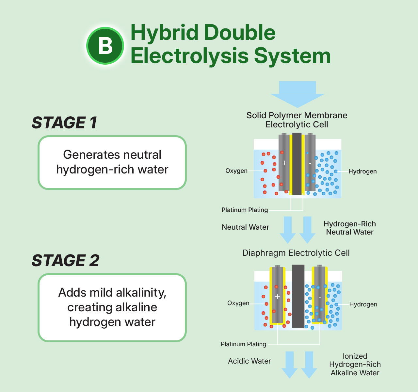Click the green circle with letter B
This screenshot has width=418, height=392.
(x=105, y=45)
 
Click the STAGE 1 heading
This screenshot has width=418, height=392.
(x=64, y=123)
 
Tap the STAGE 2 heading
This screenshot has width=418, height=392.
(x=65, y=261)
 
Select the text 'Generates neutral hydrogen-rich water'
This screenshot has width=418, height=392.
(x=112, y=162)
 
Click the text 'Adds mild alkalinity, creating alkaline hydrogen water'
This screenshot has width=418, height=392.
(x=112, y=307)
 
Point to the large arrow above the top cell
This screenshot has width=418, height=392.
(x=297, y=93)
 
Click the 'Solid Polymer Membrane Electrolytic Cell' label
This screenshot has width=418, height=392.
(x=297, y=120)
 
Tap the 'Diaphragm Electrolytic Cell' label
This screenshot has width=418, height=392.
(x=296, y=253)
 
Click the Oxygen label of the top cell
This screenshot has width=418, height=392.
(x=236, y=171)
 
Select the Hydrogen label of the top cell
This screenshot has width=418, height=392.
(x=362, y=171)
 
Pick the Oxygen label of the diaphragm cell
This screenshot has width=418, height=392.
(x=238, y=303)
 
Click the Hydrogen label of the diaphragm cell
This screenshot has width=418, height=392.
(x=363, y=304)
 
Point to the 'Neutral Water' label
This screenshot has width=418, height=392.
(x=245, y=227)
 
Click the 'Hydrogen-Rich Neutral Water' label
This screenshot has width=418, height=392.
(x=350, y=228)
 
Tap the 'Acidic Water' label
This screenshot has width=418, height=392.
(x=249, y=361)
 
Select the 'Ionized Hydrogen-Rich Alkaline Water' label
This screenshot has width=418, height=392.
(x=355, y=365)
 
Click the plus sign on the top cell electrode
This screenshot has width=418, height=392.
(x=284, y=163)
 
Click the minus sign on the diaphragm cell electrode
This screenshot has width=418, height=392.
(x=320, y=297)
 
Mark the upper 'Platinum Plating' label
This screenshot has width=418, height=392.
(x=245, y=210)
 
